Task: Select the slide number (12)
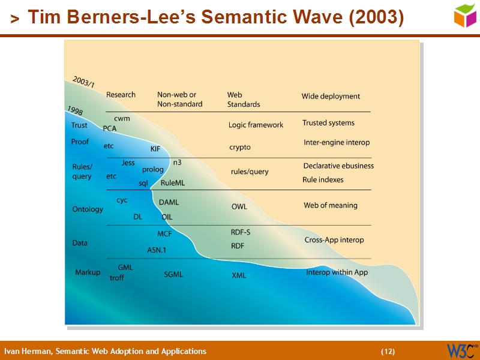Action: click(x=388, y=351)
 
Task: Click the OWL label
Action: click(x=239, y=206)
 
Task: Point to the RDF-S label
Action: click(x=241, y=232)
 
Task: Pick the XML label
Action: click(x=239, y=275)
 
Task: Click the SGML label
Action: click(x=173, y=275)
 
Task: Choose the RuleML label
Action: click(x=173, y=183)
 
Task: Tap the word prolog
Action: click(x=153, y=170)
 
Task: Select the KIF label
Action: click(x=155, y=149)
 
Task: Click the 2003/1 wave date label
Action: click(x=83, y=82)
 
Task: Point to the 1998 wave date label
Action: click(x=75, y=111)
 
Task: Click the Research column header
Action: click(x=121, y=95)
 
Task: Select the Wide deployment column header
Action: click(x=331, y=96)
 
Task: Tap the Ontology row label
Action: click(x=88, y=209)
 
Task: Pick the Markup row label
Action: click(x=88, y=272)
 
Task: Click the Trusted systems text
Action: click(x=328, y=123)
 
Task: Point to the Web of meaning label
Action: click(x=330, y=205)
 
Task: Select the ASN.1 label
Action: click(x=157, y=250)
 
